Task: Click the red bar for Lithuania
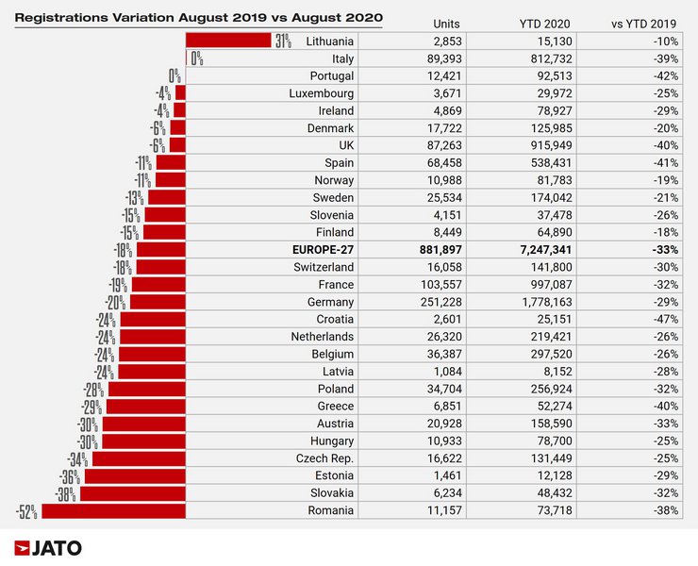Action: (x=228, y=41)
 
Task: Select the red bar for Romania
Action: (x=113, y=510)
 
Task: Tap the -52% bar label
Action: (x=26, y=511)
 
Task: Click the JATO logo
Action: (x=48, y=548)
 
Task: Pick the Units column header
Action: (x=446, y=23)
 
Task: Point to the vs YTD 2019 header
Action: (x=648, y=23)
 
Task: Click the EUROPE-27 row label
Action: (x=315, y=250)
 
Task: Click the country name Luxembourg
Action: (x=322, y=93)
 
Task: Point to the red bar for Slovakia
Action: (x=133, y=493)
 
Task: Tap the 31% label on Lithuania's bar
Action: (x=282, y=41)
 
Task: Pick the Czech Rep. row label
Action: (x=324, y=458)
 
